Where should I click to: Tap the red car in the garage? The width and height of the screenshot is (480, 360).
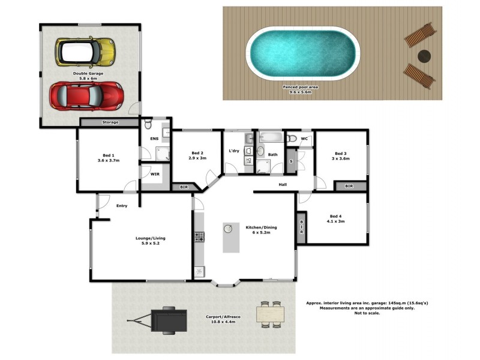pos(86,95)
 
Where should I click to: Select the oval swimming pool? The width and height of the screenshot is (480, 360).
pos(304,53)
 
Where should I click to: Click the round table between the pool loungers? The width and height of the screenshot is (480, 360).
pos(425,56)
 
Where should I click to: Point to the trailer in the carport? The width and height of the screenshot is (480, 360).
pos(168,319)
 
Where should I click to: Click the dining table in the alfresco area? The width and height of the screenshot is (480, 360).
pos(269,314)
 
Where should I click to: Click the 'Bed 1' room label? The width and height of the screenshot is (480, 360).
pos(109,155)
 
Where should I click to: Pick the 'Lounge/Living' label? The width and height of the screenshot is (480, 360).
pos(150,238)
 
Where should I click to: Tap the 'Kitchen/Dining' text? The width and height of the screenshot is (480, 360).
pos(261,227)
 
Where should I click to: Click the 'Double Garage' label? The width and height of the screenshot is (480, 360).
pos(88,73)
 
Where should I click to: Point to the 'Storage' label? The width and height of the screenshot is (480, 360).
pos(110,122)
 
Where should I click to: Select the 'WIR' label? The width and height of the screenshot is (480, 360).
pos(155,174)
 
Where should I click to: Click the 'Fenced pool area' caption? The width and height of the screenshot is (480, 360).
pos(301,87)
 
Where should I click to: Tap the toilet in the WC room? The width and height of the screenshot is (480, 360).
pos(292,139)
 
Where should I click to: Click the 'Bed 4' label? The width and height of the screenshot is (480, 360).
pos(335,216)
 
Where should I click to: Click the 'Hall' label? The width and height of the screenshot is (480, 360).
pos(283,184)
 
